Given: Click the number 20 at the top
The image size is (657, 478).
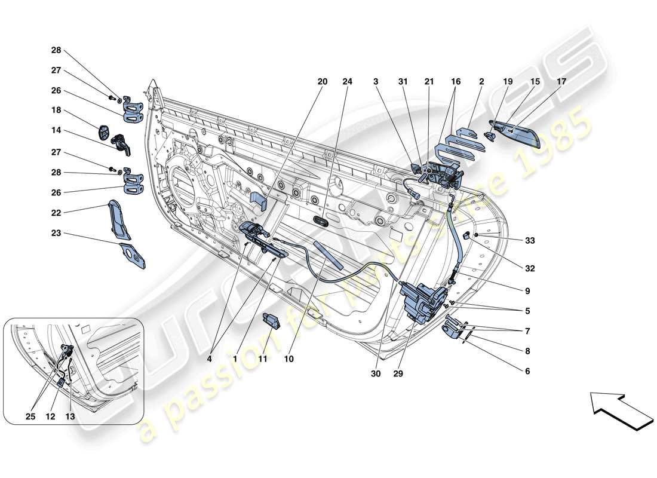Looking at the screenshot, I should (323, 82).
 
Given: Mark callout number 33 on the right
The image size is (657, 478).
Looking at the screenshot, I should (529, 241).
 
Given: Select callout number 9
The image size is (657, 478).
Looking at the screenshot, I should (527, 291).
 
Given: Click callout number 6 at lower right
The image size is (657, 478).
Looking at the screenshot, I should (527, 371).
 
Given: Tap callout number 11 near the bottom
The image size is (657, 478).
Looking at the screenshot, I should (262, 359).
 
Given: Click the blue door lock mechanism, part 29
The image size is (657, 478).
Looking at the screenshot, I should (424, 302).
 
